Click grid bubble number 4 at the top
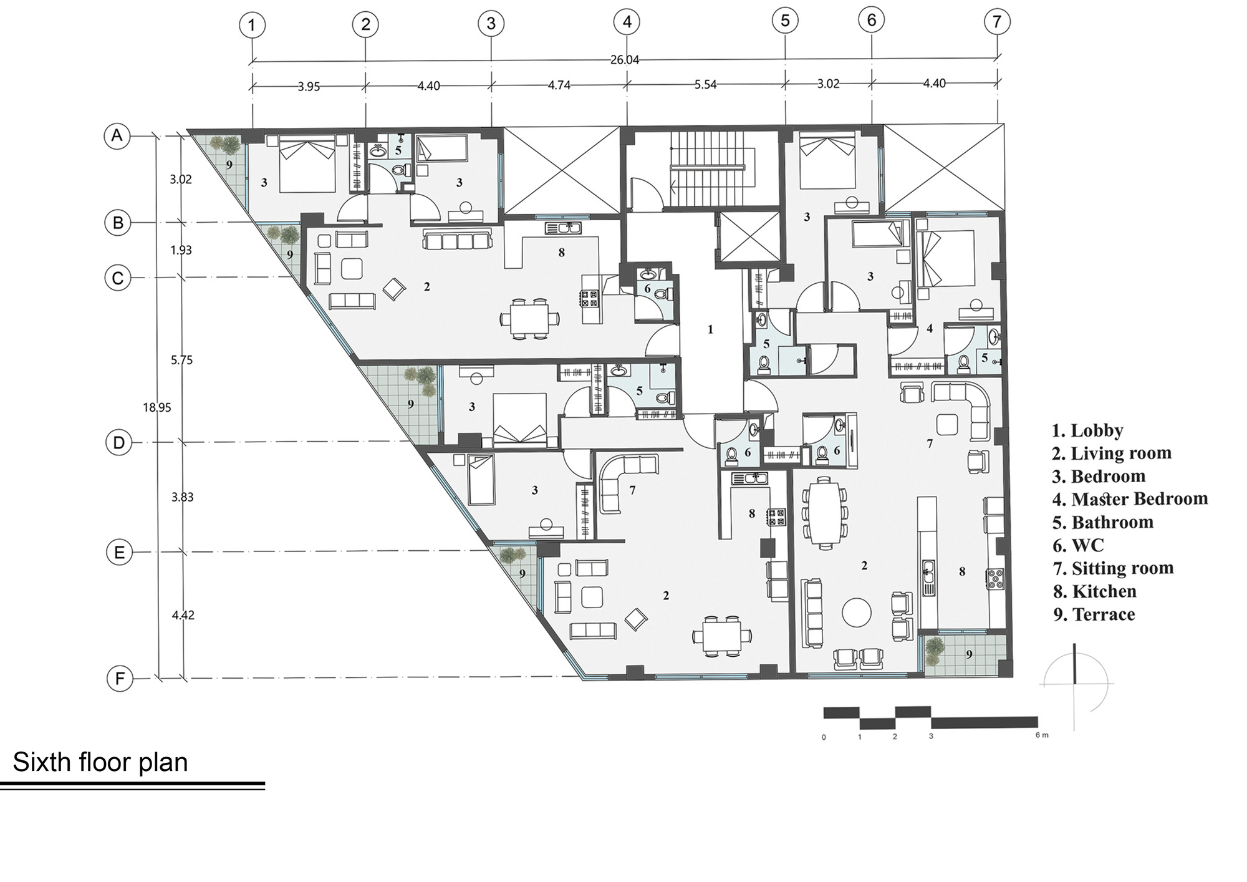(627, 22)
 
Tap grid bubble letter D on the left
(118, 443)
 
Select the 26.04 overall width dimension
(625, 60)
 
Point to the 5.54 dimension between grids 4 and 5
(705, 84)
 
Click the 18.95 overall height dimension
(156, 407)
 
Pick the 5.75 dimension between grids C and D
(181, 360)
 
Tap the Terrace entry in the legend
(1103, 614)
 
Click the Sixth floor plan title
(100, 762)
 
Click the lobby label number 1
(710, 329)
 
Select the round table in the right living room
(857, 613)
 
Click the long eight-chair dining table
(824, 511)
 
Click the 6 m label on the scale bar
(1042, 735)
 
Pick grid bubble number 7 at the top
(997, 22)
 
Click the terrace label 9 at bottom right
(969, 654)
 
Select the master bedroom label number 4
(930, 328)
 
